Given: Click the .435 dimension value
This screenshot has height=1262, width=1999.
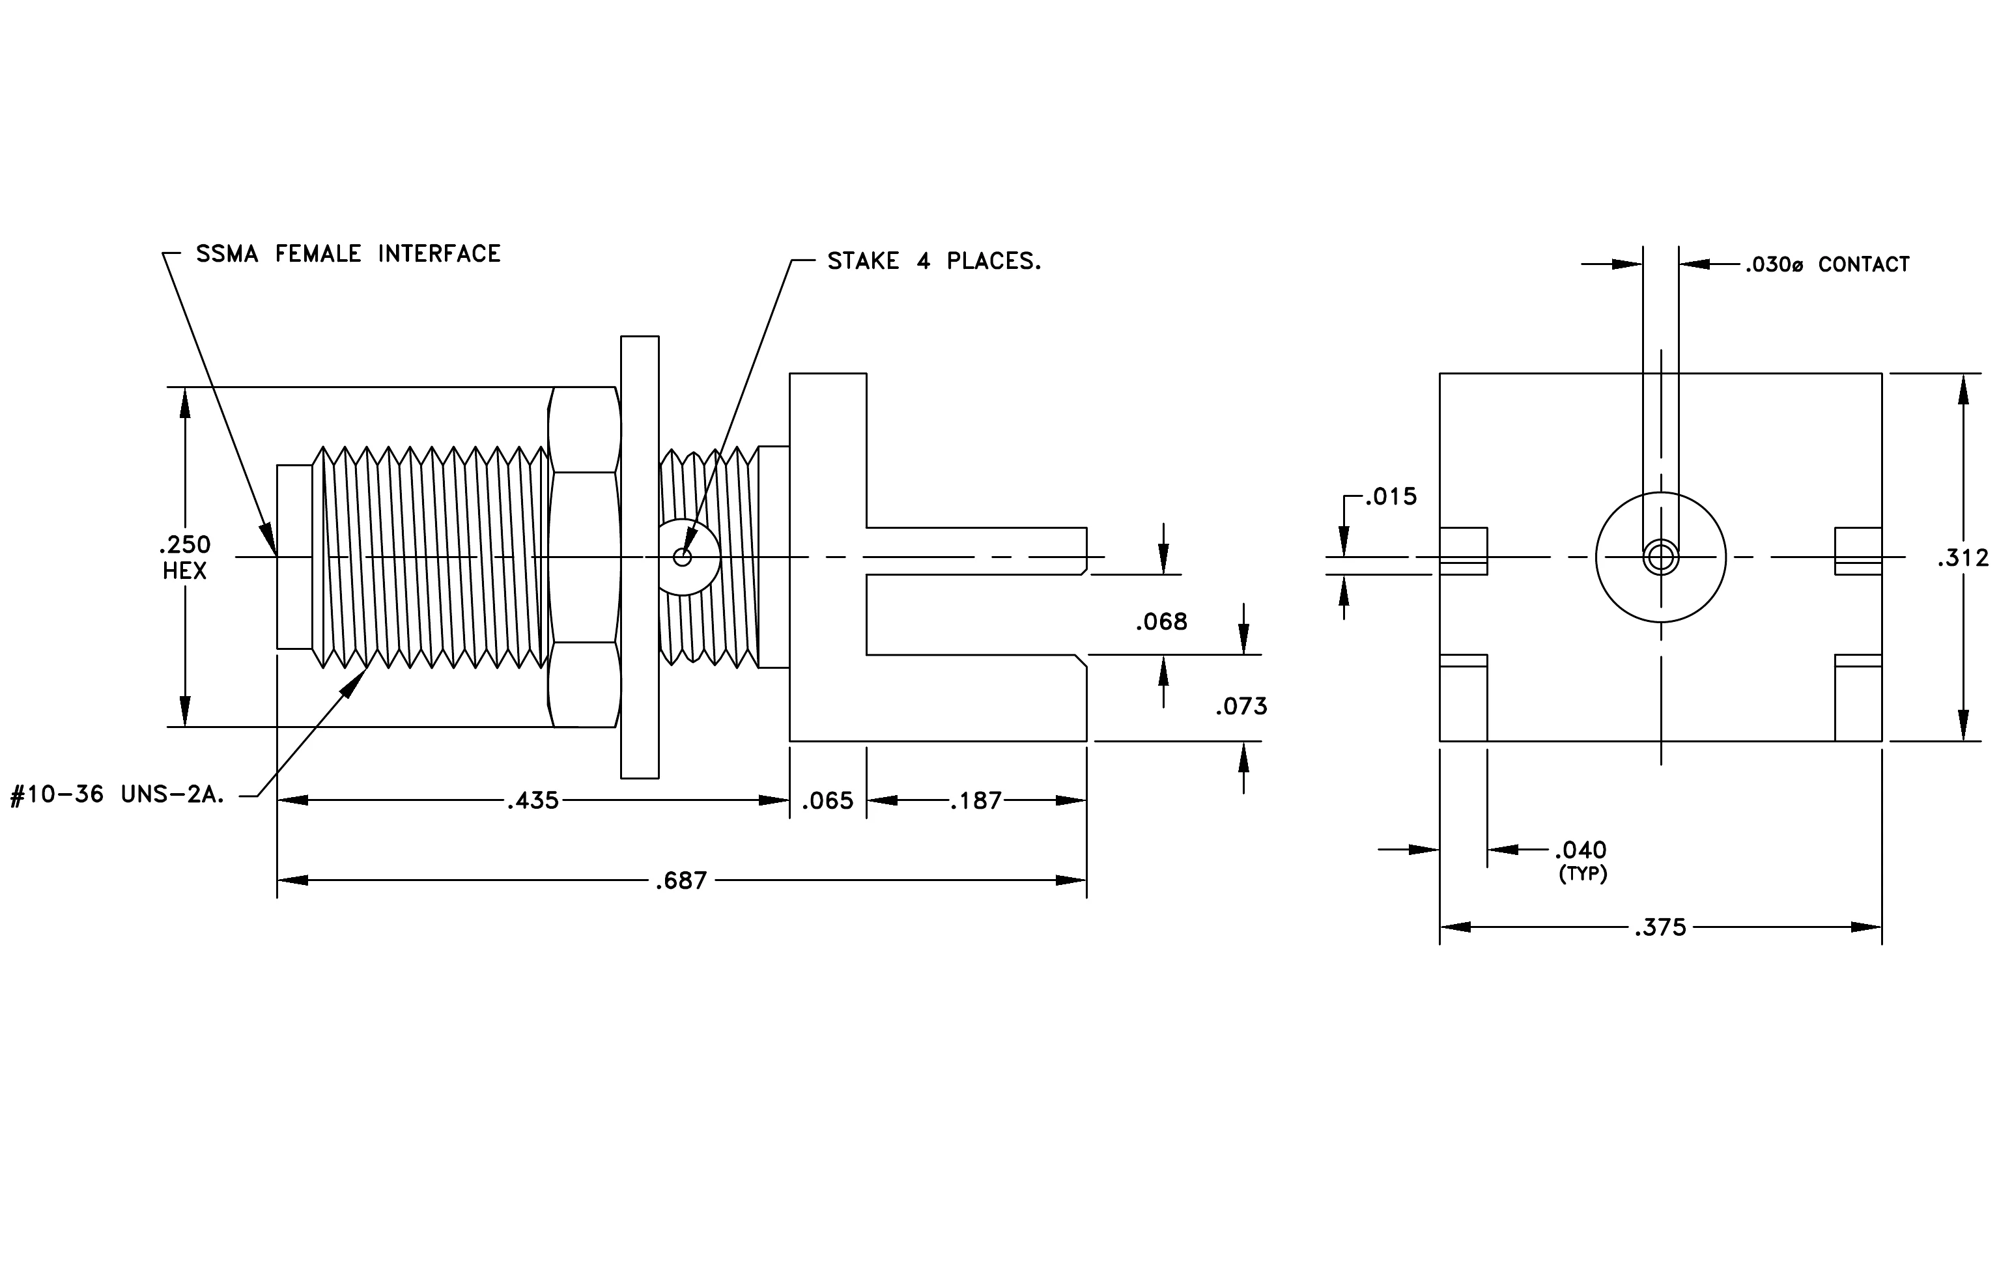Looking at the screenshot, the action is point(533,801).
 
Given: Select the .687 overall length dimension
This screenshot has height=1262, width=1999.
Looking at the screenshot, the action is point(681,880).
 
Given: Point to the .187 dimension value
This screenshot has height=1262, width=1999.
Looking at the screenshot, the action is point(976,801).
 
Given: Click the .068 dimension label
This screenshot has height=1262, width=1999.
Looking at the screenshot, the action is point(1161,621).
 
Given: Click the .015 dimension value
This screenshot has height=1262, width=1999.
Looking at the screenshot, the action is point(1391,496).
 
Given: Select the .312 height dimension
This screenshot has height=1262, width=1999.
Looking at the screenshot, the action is point(1963,557).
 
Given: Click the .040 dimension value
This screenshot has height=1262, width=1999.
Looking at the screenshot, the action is point(1581,850).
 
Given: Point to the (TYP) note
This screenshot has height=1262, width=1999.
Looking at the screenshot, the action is point(1583,874).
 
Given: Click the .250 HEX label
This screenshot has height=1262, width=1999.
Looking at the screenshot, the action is point(184,557).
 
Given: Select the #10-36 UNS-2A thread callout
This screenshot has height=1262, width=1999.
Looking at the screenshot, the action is point(117,795).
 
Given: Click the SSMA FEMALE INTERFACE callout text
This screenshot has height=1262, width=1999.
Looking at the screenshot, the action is point(348,253).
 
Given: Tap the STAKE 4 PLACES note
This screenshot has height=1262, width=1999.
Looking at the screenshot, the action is point(934,260).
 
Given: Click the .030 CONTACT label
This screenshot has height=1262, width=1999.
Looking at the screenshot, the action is point(1826,264).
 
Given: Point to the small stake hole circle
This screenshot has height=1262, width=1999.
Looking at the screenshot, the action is point(683,557).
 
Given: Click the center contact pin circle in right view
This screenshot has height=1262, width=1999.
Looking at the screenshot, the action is point(1661,557).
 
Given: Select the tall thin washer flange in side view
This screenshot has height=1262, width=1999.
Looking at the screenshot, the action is point(640,557).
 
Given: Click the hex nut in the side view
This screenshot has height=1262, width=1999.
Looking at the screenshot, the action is point(584,557).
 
